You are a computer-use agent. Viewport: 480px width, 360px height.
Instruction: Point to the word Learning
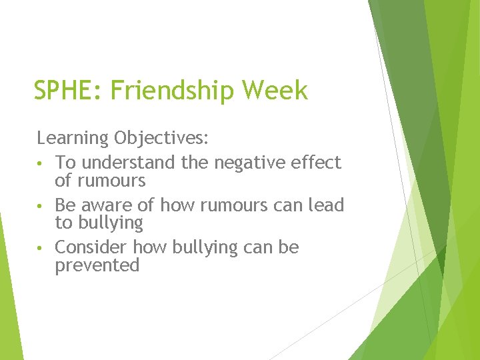coord(72,139)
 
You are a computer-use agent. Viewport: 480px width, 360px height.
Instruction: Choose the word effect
coord(317,163)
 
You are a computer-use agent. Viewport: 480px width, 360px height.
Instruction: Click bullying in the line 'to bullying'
coord(111,223)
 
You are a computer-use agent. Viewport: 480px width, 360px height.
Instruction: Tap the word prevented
coord(97,265)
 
